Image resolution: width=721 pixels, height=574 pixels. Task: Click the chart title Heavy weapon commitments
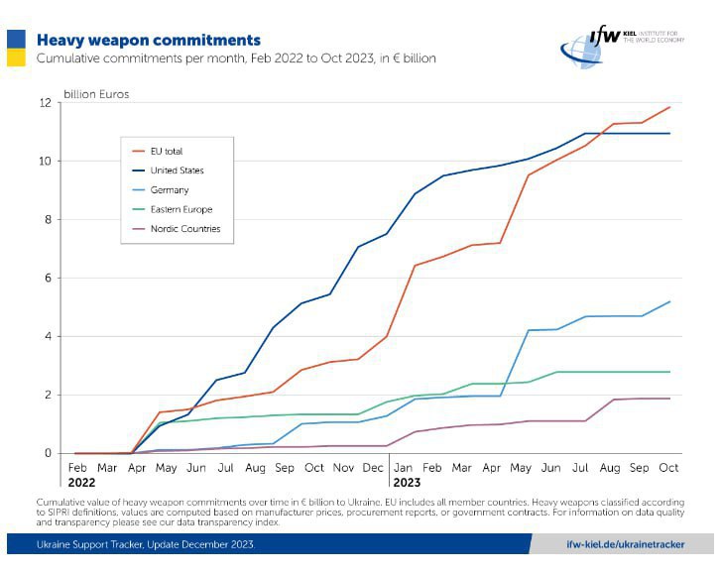coord(149,41)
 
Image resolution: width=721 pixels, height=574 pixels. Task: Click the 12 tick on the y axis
coord(45,103)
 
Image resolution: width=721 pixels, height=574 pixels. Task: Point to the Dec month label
coord(373,467)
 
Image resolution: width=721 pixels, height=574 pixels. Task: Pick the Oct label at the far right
coord(668,467)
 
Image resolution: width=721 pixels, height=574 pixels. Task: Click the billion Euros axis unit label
coord(96,94)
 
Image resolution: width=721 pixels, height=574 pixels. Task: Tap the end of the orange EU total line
coord(670,107)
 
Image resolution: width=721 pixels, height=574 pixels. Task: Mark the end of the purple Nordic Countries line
coord(670,399)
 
